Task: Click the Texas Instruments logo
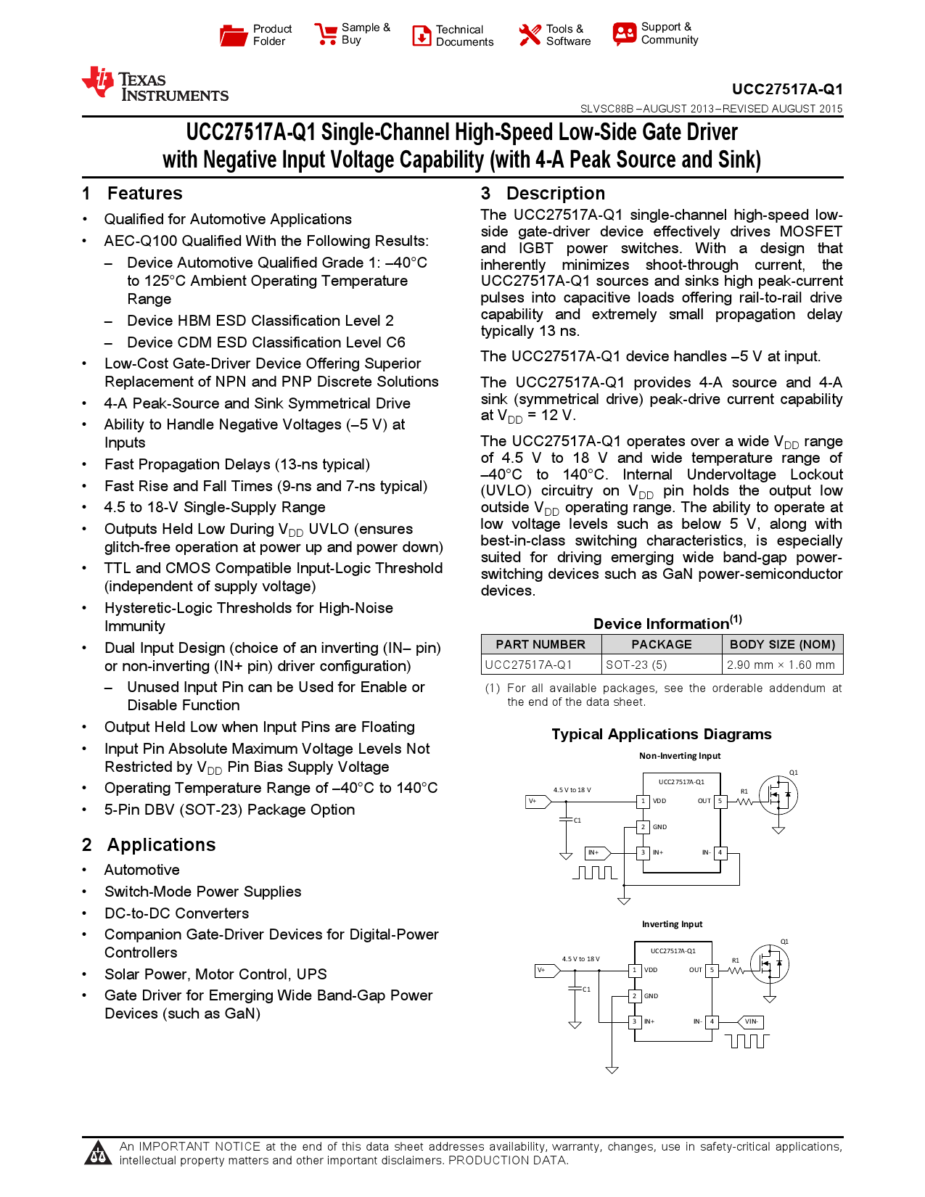pyautogui.click(x=155, y=85)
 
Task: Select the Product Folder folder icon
pyautogui.click(x=234, y=35)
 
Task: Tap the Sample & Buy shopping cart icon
pyautogui.click(x=326, y=34)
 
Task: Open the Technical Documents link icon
pyautogui.click(x=422, y=36)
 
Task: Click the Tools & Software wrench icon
pyautogui.click(x=530, y=35)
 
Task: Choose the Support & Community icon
pyautogui.click(x=624, y=33)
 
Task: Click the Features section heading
pyautogui.click(x=144, y=194)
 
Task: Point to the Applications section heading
pyautogui.click(x=161, y=845)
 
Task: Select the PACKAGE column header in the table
pyautogui.click(x=661, y=644)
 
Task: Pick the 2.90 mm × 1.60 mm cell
pyautogui.click(x=781, y=665)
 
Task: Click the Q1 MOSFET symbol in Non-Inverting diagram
pyautogui.click(x=778, y=796)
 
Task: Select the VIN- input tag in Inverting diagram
pyautogui.click(x=751, y=1021)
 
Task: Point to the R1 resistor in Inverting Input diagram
pyautogui.click(x=736, y=970)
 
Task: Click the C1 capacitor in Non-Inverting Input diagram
pyautogui.click(x=566, y=820)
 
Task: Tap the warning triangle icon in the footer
pyautogui.click(x=97, y=1153)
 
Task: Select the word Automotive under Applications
pyautogui.click(x=141, y=870)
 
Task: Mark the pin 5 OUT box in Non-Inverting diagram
pyautogui.click(x=720, y=801)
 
